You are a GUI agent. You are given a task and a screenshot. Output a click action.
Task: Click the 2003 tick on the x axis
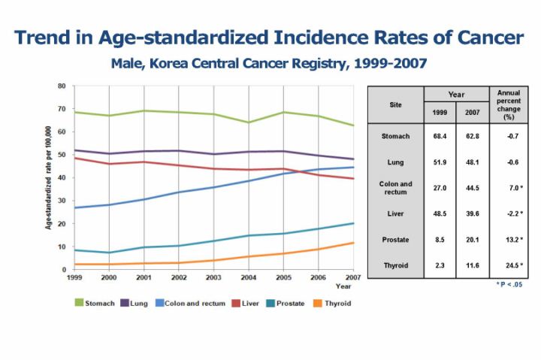[213, 277]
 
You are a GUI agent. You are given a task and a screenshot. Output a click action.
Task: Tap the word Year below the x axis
[343, 286]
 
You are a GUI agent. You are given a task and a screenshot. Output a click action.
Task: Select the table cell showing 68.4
[440, 136]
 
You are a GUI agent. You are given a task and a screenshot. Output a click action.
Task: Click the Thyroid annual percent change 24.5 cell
[509, 265]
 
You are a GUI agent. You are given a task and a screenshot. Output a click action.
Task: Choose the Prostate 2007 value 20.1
[472, 239]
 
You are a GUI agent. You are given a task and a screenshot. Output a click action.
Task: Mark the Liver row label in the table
[395, 213]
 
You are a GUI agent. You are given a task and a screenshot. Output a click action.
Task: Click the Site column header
[395, 105]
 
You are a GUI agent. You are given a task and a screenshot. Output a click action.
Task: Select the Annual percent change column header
[509, 104]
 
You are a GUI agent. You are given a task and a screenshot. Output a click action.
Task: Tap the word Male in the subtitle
[127, 63]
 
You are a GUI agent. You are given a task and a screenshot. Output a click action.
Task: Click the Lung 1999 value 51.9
[440, 162]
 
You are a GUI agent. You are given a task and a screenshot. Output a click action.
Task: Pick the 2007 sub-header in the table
[472, 113]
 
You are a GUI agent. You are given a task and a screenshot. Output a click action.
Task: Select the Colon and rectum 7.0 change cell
[509, 188]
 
